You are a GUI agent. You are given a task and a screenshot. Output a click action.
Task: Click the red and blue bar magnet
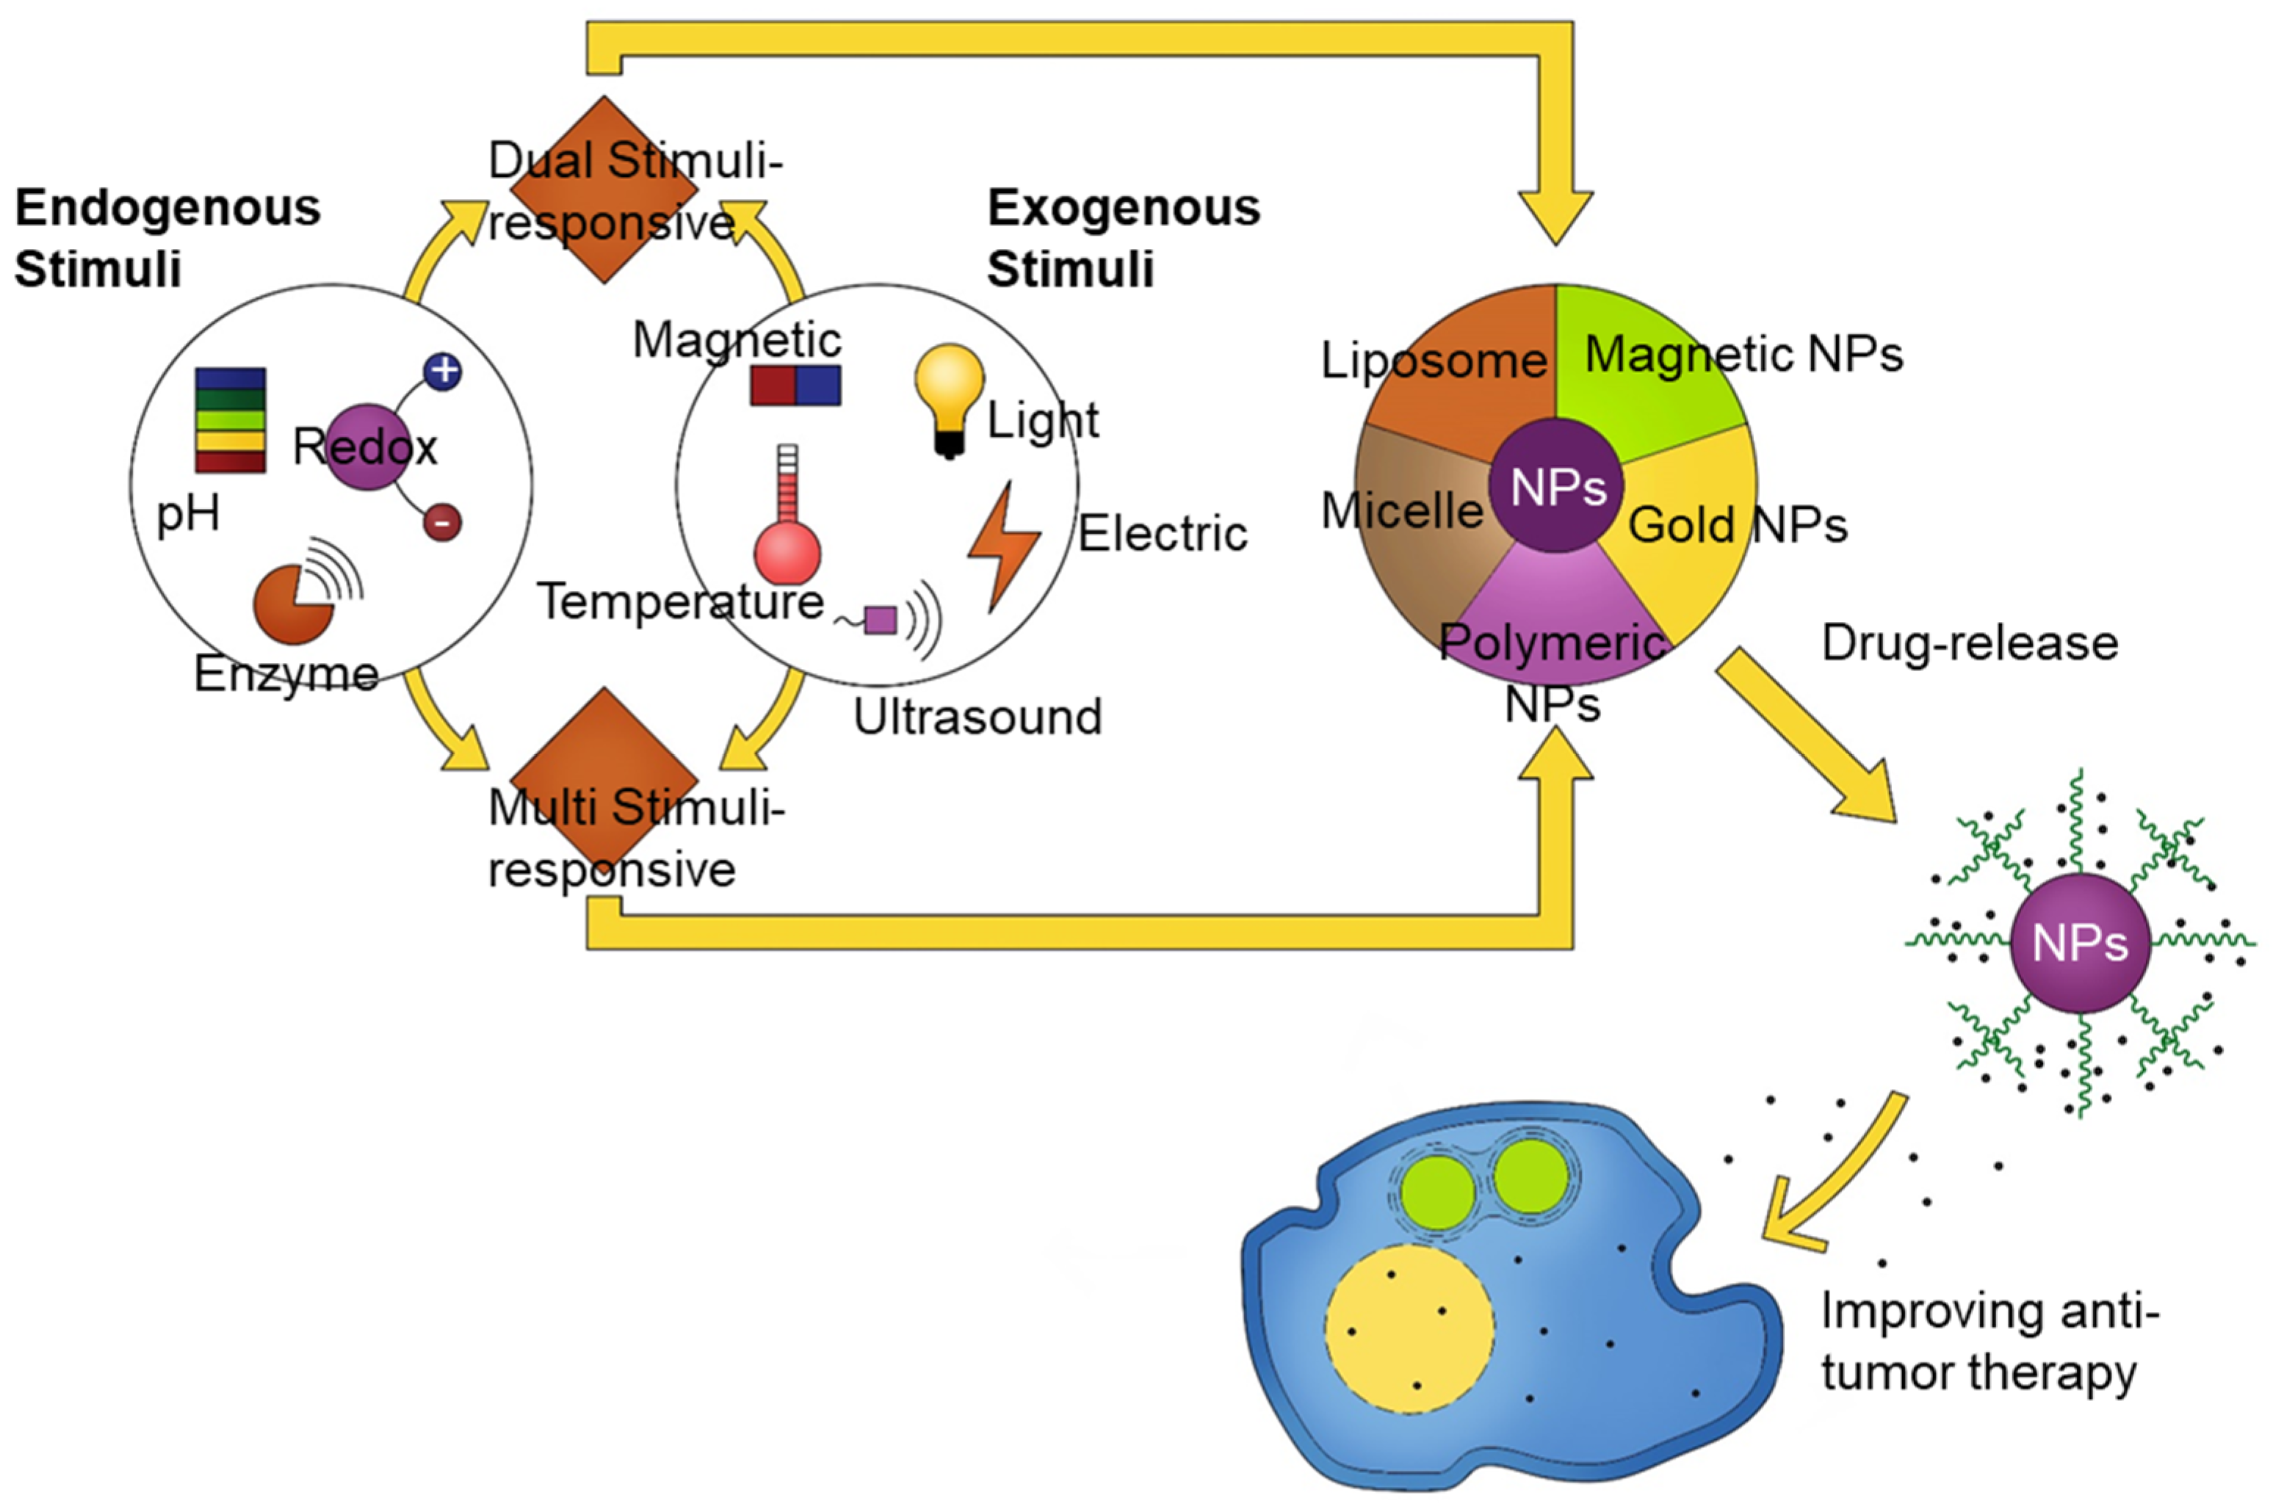click(795, 385)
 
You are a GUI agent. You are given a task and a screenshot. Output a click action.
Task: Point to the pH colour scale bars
click(230, 421)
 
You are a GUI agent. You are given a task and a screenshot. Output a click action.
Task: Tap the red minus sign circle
click(441, 523)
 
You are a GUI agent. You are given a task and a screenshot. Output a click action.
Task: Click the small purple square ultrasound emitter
click(880, 620)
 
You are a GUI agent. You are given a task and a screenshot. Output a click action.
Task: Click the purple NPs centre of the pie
click(1556, 487)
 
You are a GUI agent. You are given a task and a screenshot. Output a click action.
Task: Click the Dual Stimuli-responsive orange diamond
click(604, 189)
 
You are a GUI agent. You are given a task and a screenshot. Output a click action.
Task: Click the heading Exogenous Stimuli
click(1122, 238)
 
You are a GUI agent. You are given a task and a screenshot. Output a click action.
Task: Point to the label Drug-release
click(1969, 643)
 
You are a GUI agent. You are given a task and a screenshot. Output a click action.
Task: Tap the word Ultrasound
click(977, 717)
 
